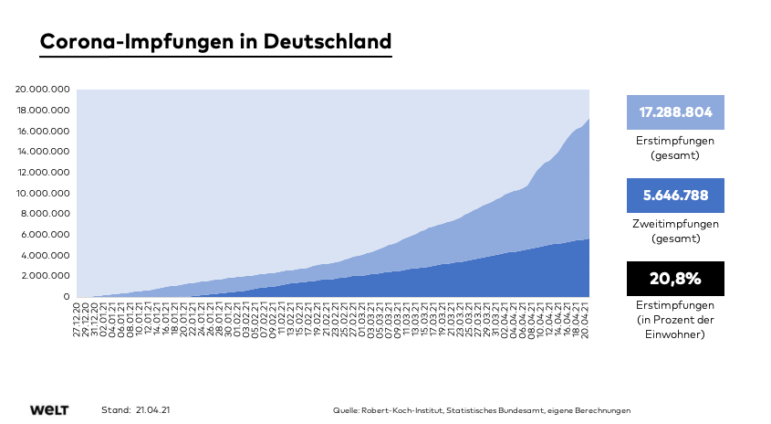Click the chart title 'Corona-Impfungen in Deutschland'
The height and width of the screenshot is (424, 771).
216,42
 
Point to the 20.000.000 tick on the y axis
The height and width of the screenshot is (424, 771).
43,90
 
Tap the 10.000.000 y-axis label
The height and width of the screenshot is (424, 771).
43,193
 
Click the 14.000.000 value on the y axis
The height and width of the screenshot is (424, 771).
43,152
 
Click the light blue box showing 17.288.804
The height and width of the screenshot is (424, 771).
675,111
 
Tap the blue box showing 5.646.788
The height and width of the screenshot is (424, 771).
675,196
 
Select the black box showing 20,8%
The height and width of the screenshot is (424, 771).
675,279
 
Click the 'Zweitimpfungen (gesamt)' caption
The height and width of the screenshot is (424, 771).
675,230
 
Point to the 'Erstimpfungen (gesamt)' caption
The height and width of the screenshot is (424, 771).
675,148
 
